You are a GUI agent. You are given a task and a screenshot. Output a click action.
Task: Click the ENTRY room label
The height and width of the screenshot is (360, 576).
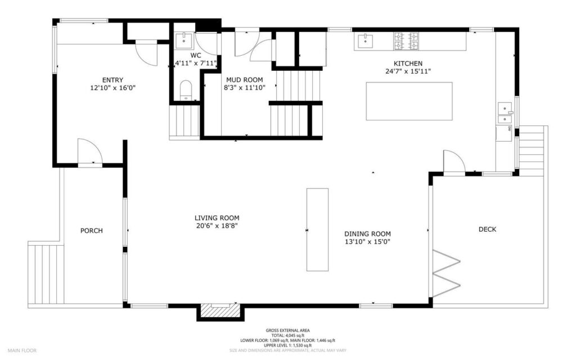pos(112,80)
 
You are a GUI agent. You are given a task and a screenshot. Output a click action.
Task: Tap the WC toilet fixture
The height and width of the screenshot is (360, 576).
pos(185,90)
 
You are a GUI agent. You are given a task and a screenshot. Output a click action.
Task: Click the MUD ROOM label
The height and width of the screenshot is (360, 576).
pos(245,79)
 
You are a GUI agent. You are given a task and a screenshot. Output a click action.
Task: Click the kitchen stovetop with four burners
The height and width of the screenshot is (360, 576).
pos(407,41)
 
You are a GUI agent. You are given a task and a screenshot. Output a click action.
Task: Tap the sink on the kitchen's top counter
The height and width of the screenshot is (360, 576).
pos(366,41)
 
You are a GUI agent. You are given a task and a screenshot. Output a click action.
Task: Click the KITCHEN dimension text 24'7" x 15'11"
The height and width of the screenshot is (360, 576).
pos(408,71)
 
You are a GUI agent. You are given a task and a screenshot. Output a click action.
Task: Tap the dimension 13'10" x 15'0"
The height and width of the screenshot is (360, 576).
pos(367,241)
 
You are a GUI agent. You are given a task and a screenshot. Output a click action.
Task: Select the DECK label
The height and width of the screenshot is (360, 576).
pos(487,229)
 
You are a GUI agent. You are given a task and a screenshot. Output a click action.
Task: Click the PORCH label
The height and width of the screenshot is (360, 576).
pos(92,231)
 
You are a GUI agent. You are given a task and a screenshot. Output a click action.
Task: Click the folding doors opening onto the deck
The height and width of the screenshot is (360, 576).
pos(446,273)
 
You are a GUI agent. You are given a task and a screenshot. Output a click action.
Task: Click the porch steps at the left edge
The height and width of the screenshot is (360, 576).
pos(46,274)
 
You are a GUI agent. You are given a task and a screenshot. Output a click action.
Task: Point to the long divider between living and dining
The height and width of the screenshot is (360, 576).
pos(317,229)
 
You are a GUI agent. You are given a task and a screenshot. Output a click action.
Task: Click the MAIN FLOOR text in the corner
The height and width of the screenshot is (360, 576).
pos(22,350)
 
